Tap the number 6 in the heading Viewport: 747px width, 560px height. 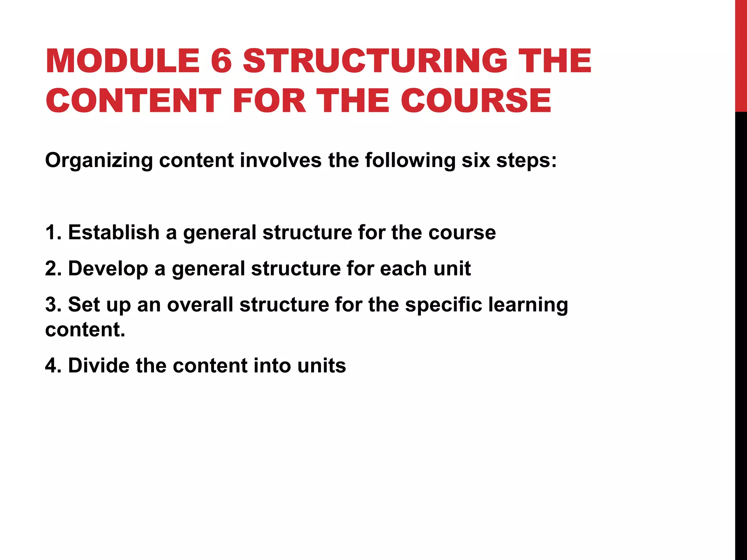click(221, 61)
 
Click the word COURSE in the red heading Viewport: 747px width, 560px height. click(476, 101)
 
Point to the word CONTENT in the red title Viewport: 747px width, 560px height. click(133, 101)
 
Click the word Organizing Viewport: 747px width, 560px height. click(98, 160)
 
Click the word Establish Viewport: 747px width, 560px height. click(114, 232)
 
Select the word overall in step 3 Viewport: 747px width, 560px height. click(200, 304)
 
